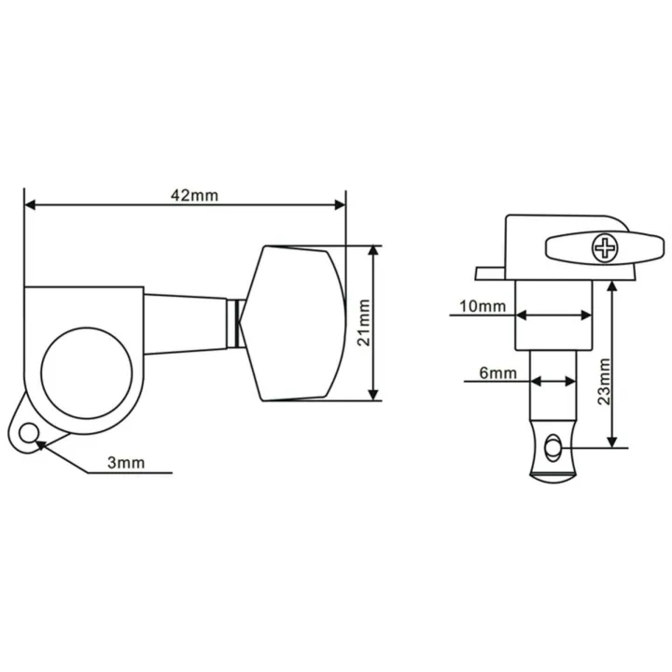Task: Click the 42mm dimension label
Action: [194, 195]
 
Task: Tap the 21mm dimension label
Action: [363, 323]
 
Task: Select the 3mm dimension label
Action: [126, 463]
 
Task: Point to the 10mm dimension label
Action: [483, 306]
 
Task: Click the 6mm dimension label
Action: [498, 373]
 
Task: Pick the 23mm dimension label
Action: [604, 382]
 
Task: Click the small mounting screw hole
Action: [28, 434]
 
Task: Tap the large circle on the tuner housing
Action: [87, 373]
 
